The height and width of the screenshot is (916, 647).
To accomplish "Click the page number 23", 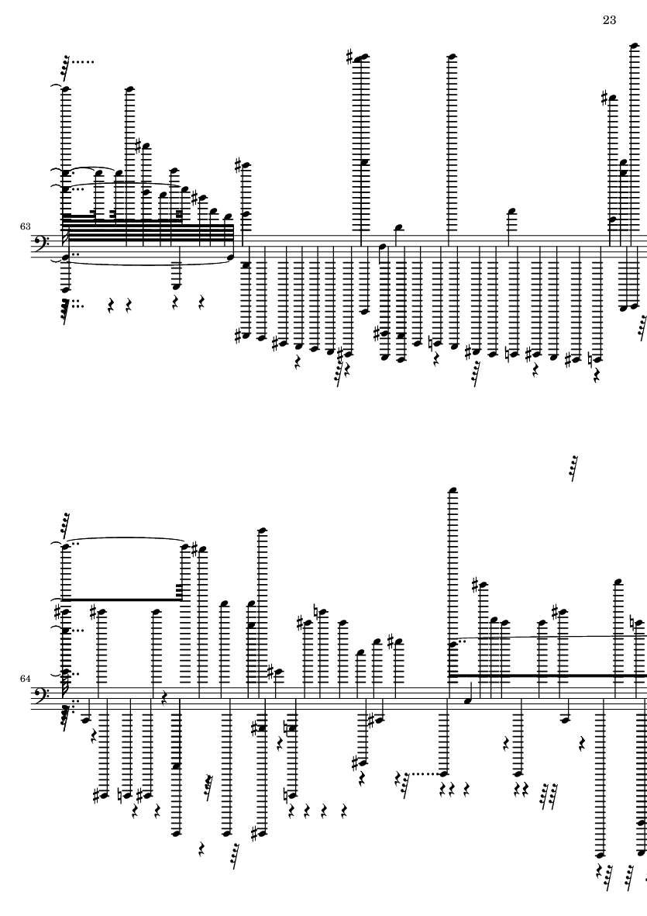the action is tap(609, 20).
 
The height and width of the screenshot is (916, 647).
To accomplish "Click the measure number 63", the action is tap(25, 226).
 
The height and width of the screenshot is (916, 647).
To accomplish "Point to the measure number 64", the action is tap(25, 679).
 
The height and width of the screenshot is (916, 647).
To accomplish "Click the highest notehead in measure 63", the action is tap(635, 45).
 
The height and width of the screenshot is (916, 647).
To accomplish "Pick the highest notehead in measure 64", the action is tap(453, 489).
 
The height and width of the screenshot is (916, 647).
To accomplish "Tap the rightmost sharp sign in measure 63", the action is tap(604, 98).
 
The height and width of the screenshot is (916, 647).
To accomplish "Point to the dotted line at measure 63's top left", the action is tap(83, 61).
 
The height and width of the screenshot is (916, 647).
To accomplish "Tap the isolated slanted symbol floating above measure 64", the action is tap(574, 468).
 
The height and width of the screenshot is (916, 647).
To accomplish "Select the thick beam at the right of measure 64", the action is tap(547, 676).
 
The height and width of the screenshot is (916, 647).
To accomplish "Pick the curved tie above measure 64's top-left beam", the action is tap(124, 538).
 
